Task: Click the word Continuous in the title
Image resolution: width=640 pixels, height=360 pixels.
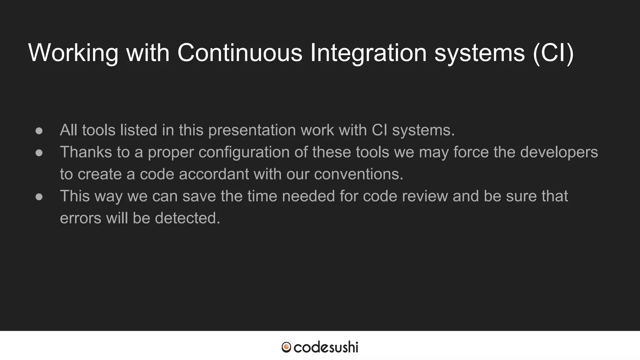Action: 240,52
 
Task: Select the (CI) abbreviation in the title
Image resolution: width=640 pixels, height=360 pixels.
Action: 553,52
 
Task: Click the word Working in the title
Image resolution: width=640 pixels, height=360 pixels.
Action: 73,52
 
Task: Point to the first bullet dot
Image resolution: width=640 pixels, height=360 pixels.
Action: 39,131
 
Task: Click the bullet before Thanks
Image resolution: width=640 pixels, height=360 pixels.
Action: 39,153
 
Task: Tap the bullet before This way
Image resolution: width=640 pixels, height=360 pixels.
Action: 39,197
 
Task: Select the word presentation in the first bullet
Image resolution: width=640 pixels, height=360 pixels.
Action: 252,130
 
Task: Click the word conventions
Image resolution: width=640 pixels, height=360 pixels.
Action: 358,174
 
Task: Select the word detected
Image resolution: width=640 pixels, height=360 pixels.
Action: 187,218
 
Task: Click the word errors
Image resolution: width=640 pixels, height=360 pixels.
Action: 81,218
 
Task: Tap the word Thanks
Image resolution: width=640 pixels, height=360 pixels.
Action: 86,152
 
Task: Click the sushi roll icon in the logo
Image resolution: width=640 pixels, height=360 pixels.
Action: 286,347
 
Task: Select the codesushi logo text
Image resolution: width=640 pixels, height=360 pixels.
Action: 326,347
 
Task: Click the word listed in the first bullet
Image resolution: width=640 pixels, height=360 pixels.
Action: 138,130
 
